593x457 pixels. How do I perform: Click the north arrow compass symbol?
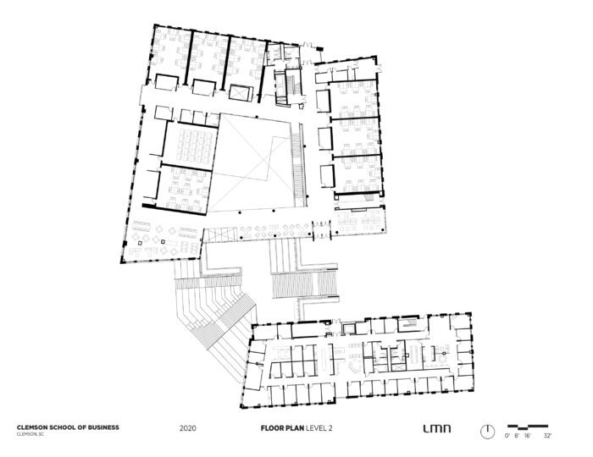(487, 432)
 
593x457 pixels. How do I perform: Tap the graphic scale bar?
(528, 427)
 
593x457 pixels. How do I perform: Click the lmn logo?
(437, 429)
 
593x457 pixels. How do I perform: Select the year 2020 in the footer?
(188, 428)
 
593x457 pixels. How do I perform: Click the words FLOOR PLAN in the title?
(282, 428)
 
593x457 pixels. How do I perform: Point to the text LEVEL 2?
(319, 428)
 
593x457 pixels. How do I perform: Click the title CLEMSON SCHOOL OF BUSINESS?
(68, 427)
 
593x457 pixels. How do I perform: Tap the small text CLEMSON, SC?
(30, 434)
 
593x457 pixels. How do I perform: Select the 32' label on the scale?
(547, 436)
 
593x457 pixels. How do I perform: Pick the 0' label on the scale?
(507, 436)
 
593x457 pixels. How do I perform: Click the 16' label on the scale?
(527, 436)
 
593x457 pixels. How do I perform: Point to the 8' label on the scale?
(517, 436)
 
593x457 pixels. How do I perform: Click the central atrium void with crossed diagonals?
(252, 162)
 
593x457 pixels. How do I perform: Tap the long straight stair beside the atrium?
(299, 165)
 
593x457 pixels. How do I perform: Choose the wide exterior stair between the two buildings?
(304, 284)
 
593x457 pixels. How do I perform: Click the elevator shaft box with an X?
(240, 93)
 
